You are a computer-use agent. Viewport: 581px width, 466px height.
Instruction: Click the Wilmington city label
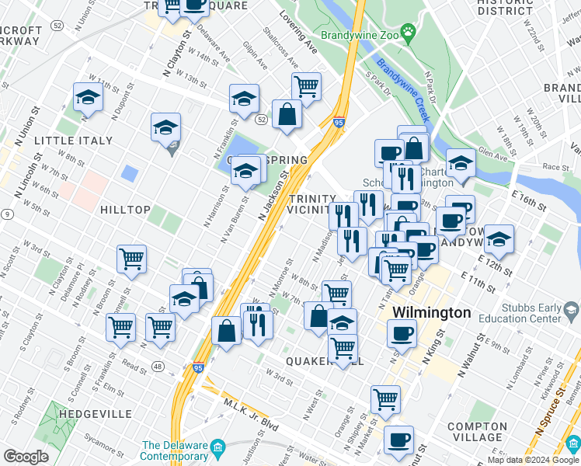[431, 312]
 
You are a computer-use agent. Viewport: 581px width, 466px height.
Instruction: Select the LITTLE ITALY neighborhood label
[74, 141]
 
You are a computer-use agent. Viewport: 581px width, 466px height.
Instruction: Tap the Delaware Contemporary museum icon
[218, 448]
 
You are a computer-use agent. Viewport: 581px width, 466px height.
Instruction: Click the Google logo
[26, 457]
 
